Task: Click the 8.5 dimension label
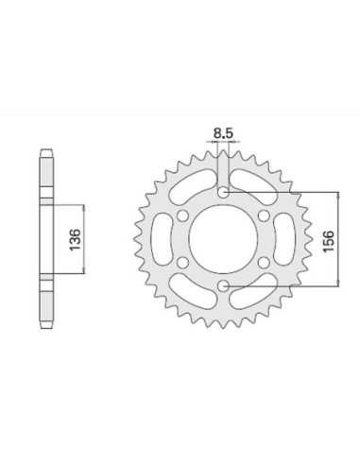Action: click(223, 133)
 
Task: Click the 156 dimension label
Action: click(328, 241)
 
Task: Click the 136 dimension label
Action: click(76, 240)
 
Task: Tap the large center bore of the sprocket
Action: click(223, 238)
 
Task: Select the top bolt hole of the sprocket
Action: click(223, 192)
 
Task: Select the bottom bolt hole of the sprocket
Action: click(223, 285)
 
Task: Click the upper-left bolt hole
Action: click(182, 215)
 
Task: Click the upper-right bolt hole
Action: click(264, 215)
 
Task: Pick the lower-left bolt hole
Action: click(182, 262)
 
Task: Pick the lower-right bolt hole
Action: click(264, 262)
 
